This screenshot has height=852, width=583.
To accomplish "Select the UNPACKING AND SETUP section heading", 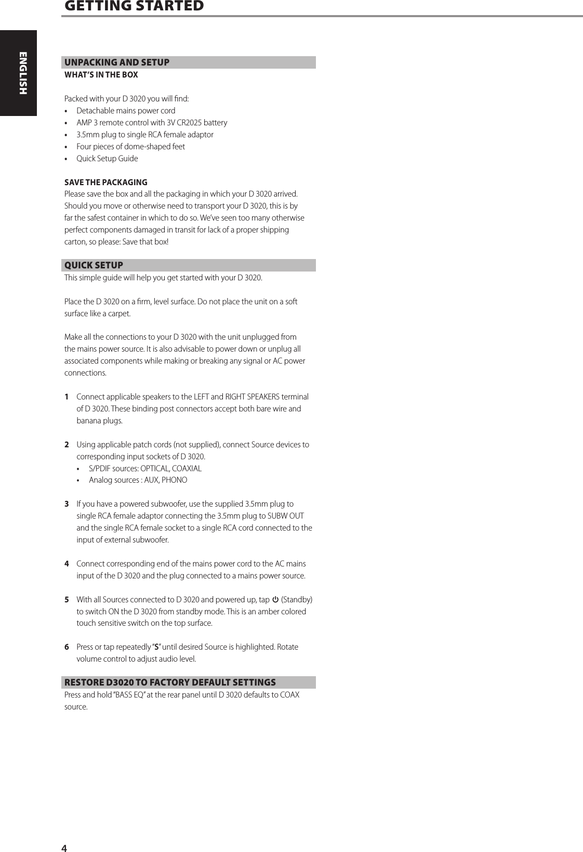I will [x=117, y=62].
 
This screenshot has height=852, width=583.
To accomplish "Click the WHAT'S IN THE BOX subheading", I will [x=101, y=75].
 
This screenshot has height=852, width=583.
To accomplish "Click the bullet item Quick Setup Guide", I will [x=107, y=159].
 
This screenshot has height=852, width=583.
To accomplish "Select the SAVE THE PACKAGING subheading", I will [x=106, y=183].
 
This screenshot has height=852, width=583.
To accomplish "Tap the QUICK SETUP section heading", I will [x=94, y=265].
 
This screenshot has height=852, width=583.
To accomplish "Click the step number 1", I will [x=67, y=397].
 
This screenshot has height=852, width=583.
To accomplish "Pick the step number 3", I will [x=67, y=504].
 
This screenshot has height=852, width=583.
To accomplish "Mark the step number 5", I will [x=67, y=600].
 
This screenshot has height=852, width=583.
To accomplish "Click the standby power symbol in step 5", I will [x=275, y=600].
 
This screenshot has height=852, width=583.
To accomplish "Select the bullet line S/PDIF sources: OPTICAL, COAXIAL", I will [x=145, y=468].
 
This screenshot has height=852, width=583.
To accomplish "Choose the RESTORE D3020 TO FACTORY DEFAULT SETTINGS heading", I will [x=170, y=682].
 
